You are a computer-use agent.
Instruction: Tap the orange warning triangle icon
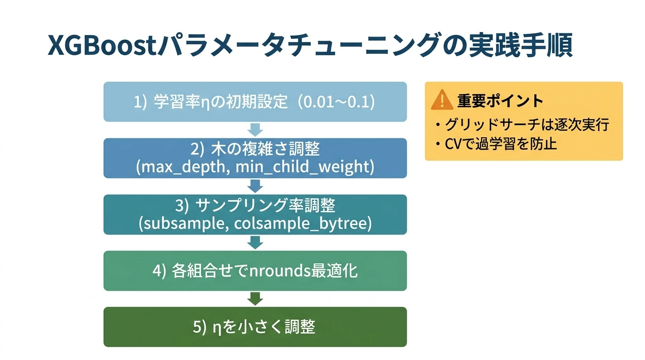click(442, 100)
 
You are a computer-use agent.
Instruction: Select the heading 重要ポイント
click(500, 101)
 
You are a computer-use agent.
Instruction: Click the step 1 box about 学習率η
click(255, 102)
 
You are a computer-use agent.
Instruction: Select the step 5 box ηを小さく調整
click(255, 327)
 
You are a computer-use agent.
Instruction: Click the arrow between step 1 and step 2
click(255, 130)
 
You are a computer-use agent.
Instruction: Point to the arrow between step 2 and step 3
click(255, 186)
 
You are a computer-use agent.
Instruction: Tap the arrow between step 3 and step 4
click(255, 242)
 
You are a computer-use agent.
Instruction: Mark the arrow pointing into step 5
click(255, 299)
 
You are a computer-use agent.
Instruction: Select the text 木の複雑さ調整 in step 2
click(271, 150)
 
